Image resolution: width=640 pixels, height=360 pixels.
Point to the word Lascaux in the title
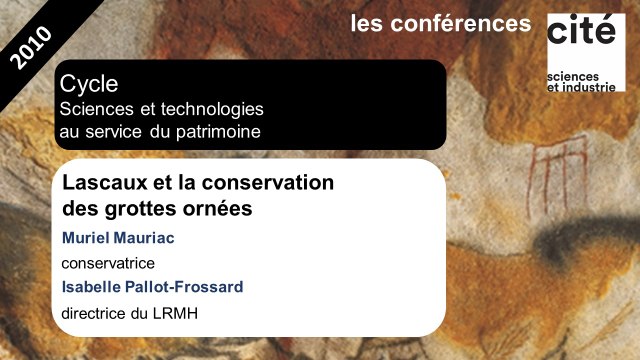tap(104, 185)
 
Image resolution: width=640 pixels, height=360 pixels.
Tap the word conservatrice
tap(115, 264)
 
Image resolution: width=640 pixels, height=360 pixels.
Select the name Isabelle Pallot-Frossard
tap(152, 288)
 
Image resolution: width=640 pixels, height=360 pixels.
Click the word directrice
tap(97, 312)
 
